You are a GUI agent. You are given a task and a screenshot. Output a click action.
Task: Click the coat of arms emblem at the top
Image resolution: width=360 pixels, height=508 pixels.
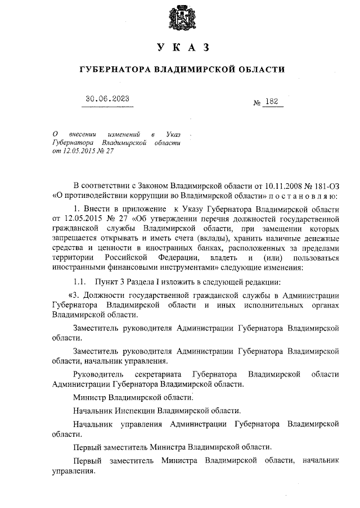(179, 18)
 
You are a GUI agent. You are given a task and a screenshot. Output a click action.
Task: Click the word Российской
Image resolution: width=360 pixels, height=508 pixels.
(127, 258)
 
